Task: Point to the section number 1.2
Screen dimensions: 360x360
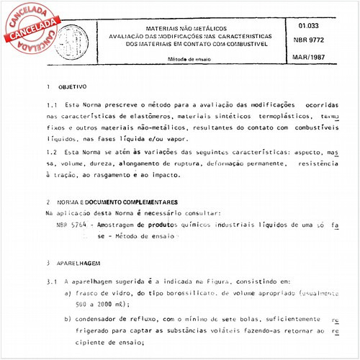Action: point(51,153)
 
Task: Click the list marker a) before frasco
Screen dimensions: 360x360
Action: point(68,294)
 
